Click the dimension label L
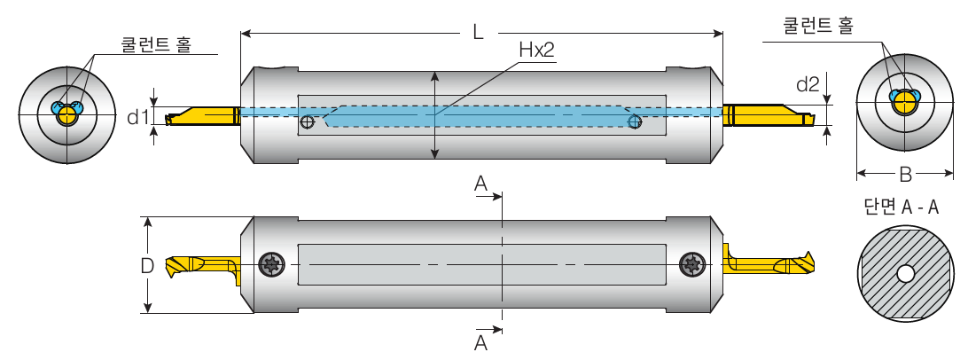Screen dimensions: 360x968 point(478,32)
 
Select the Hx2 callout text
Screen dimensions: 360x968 point(536,51)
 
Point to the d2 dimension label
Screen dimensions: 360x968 point(808,84)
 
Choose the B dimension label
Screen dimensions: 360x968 point(905,173)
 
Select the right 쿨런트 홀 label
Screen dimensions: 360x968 point(817,27)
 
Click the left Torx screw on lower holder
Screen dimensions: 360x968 point(271,263)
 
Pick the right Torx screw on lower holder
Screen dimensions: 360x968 point(691,263)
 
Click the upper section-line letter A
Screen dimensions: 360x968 point(480,184)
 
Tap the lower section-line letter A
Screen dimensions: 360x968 point(480,342)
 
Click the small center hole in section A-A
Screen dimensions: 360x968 point(905,274)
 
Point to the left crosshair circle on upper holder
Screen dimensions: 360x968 point(307,122)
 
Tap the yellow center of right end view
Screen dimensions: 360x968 point(904,103)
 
